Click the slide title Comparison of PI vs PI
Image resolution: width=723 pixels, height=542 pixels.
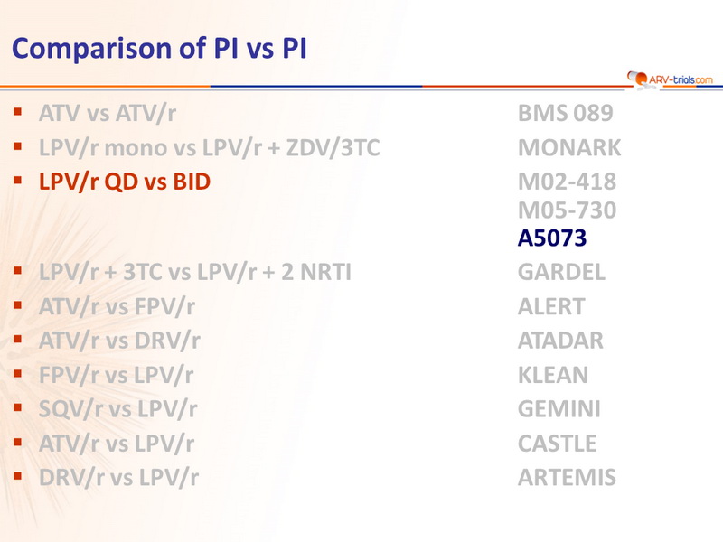(x=159, y=49)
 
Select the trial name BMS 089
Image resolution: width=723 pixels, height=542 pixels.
(x=566, y=114)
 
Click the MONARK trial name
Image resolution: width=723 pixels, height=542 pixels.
(x=569, y=148)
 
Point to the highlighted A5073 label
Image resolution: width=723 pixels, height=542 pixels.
(x=552, y=238)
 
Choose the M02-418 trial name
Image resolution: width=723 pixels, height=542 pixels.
(x=568, y=182)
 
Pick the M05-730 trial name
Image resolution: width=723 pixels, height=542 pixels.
(x=568, y=210)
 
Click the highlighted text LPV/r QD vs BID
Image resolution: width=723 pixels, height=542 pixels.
(x=125, y=182)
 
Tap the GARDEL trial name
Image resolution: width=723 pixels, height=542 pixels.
(x=561, y=272)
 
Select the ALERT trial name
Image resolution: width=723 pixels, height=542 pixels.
(x=551, y=306)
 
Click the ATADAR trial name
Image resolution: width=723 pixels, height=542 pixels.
(x=560, y=341)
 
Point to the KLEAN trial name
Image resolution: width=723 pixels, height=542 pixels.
(x=553, y=375)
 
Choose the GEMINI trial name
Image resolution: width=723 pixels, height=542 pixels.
(x=559, y=409)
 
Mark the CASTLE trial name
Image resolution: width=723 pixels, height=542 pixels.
(x=557, y=444)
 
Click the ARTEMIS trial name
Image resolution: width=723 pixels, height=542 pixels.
(x=567, y=478)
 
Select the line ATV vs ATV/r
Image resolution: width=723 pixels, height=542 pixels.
(x=107, y=114)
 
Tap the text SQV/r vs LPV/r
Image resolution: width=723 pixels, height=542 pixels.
(x=118, y=409)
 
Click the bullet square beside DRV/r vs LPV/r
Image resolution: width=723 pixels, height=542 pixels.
(x=18, y=476)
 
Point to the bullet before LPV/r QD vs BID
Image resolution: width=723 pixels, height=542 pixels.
(x=18, y=180)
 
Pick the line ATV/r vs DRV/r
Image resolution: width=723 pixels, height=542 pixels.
(x=119, y=341)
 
